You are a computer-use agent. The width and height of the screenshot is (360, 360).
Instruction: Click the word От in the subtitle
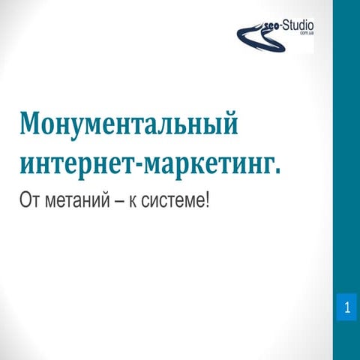click(x=29, y=201)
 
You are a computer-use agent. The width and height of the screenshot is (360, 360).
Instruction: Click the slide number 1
click(x=346, y=307)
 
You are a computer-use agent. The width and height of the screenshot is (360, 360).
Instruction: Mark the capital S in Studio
click(x=286, y=25)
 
